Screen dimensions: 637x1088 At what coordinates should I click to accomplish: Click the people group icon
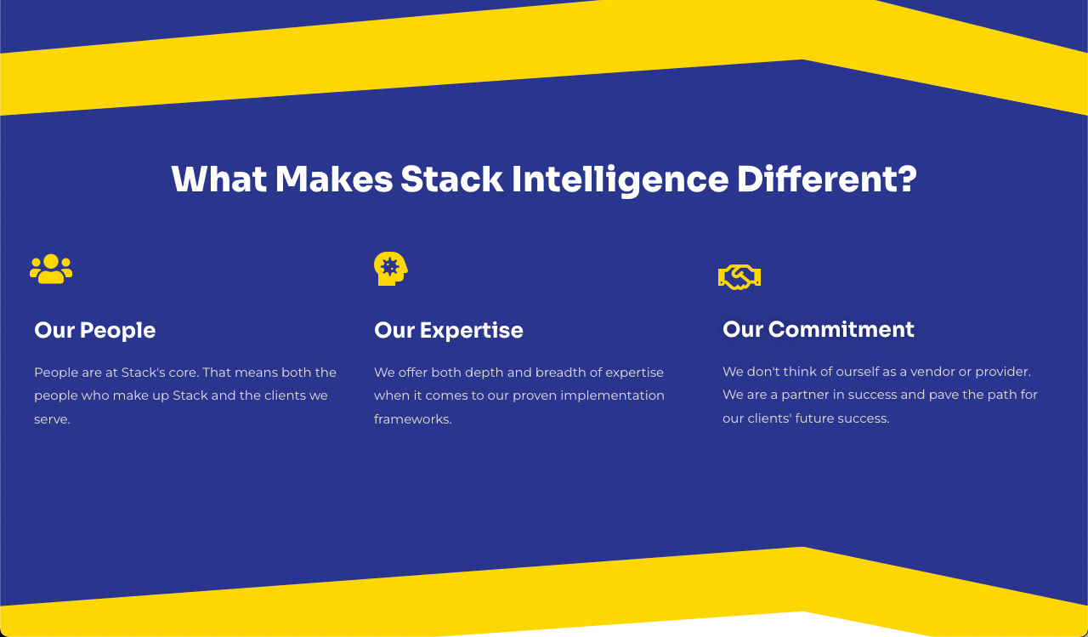[x=51, y=269]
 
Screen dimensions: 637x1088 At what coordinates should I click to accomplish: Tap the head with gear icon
[x=390, y=268]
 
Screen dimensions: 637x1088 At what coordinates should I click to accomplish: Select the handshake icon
[x=739, y=277]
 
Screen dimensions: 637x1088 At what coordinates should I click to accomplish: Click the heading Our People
[x=94, y=330]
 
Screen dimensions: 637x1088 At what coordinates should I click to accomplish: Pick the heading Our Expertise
[x=448, y=330]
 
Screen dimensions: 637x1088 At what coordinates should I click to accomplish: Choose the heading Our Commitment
[x=818, y=329]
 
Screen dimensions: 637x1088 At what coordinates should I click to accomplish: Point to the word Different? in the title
[x=826, y=179]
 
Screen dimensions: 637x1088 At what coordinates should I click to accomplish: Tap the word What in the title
[x=218, y=179]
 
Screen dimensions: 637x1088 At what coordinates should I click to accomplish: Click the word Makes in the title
[x=333, y=179]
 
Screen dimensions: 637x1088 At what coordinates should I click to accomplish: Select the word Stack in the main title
[x=451, y=179]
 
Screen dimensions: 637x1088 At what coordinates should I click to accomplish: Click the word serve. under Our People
[x=52, y=419]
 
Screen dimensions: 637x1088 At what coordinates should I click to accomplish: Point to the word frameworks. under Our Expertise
[x=412, y=419]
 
